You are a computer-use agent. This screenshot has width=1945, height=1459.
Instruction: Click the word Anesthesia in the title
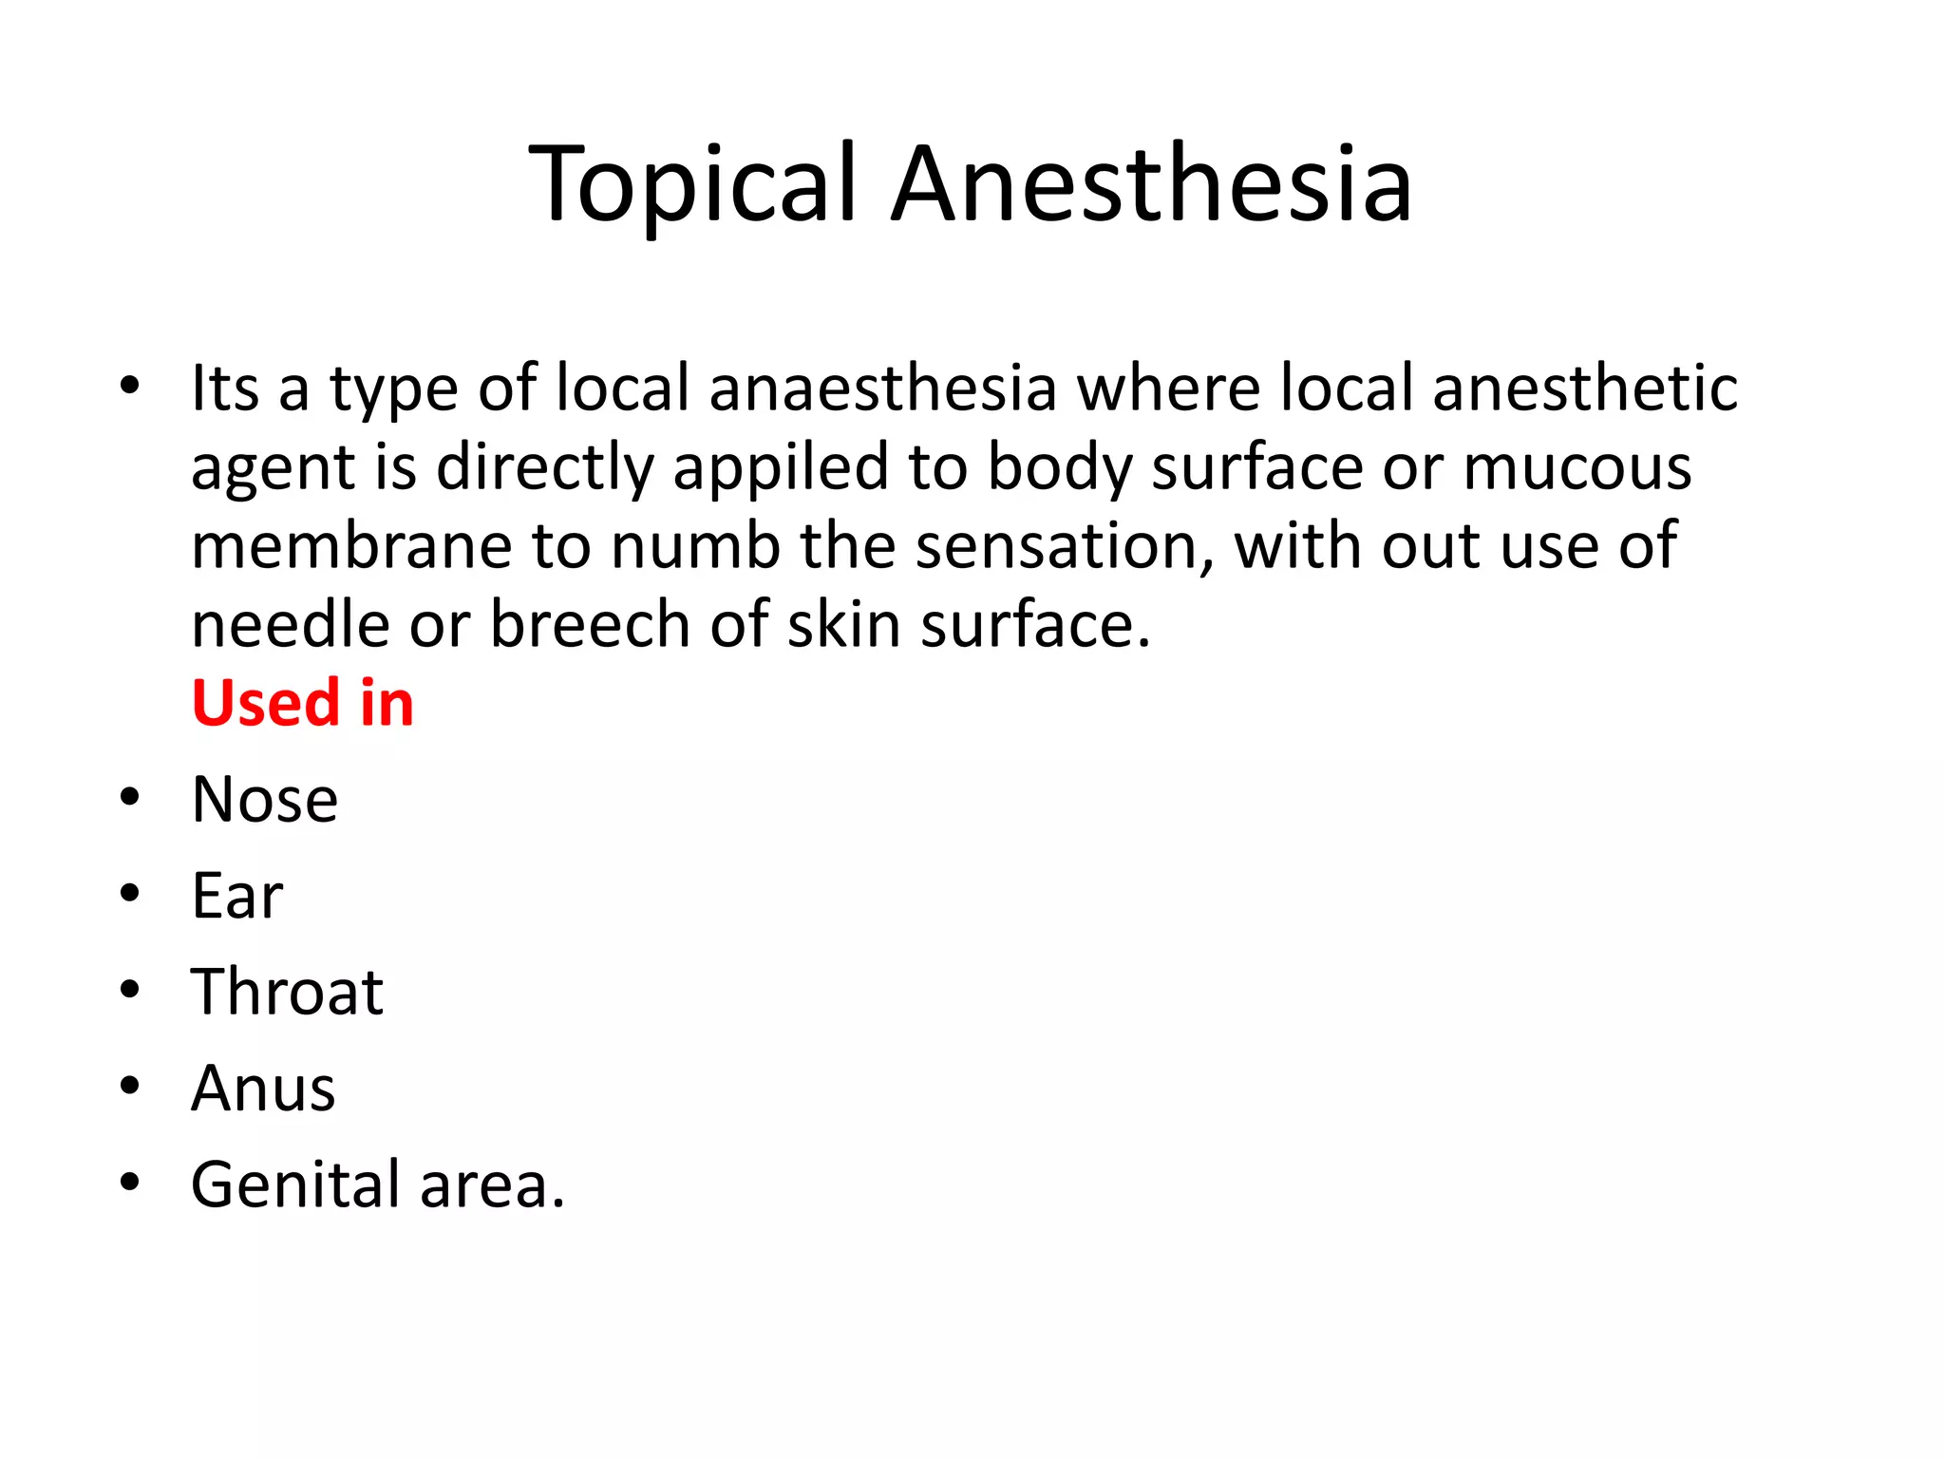(x=1152, y=184)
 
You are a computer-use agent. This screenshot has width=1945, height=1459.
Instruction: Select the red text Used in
(x=302, y=704)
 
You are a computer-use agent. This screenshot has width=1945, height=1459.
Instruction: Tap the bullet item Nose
(x=264, y=800)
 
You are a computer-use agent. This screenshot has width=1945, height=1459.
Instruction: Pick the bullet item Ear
(x=236, y=896)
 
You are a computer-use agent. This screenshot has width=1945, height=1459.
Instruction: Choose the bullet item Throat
(x=287, y=992)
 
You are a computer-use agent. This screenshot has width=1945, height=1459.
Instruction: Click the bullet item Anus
(x=263, y=1089)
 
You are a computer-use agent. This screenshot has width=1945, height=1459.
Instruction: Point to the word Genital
(x=295, y=1185)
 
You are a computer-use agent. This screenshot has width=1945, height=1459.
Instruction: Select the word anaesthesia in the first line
(x=882, y=388)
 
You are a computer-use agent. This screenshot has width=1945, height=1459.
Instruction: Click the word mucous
(x=1577, y=468)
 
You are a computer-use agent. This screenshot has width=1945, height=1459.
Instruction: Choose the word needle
(x=291, y=626)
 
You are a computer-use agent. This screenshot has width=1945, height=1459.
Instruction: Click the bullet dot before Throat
(x=130, y=990)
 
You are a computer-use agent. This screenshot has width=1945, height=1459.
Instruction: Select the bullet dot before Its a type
(x=130, y=386)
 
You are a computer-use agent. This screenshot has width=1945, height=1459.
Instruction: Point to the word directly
(x=545, y=468)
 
